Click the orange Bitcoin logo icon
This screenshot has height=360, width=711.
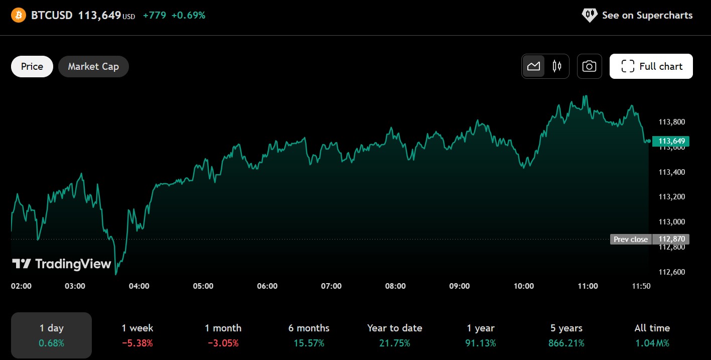click(x=18, y=16)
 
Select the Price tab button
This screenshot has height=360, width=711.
click(x=32, y=66)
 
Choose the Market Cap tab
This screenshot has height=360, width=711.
click(x=93, y=66)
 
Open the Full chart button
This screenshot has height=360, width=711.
click(x=651, y=66)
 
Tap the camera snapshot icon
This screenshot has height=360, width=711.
click(x=589, y=66)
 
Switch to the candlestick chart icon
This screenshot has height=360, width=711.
click(x=557, y=66)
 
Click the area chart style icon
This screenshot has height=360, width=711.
click(x=533, y=66)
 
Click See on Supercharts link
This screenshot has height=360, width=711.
click(x=637, y=15)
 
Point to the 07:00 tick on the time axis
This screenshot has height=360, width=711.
click(x=331, y=286)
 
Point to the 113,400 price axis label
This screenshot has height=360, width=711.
click(x=671, y=172)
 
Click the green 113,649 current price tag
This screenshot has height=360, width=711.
click(x=671, y=141)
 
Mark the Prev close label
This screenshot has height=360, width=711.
click(x=631, y=239)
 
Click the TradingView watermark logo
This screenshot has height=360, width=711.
click(x=61, y=264)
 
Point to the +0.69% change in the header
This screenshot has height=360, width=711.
click(x=188, y=16)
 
